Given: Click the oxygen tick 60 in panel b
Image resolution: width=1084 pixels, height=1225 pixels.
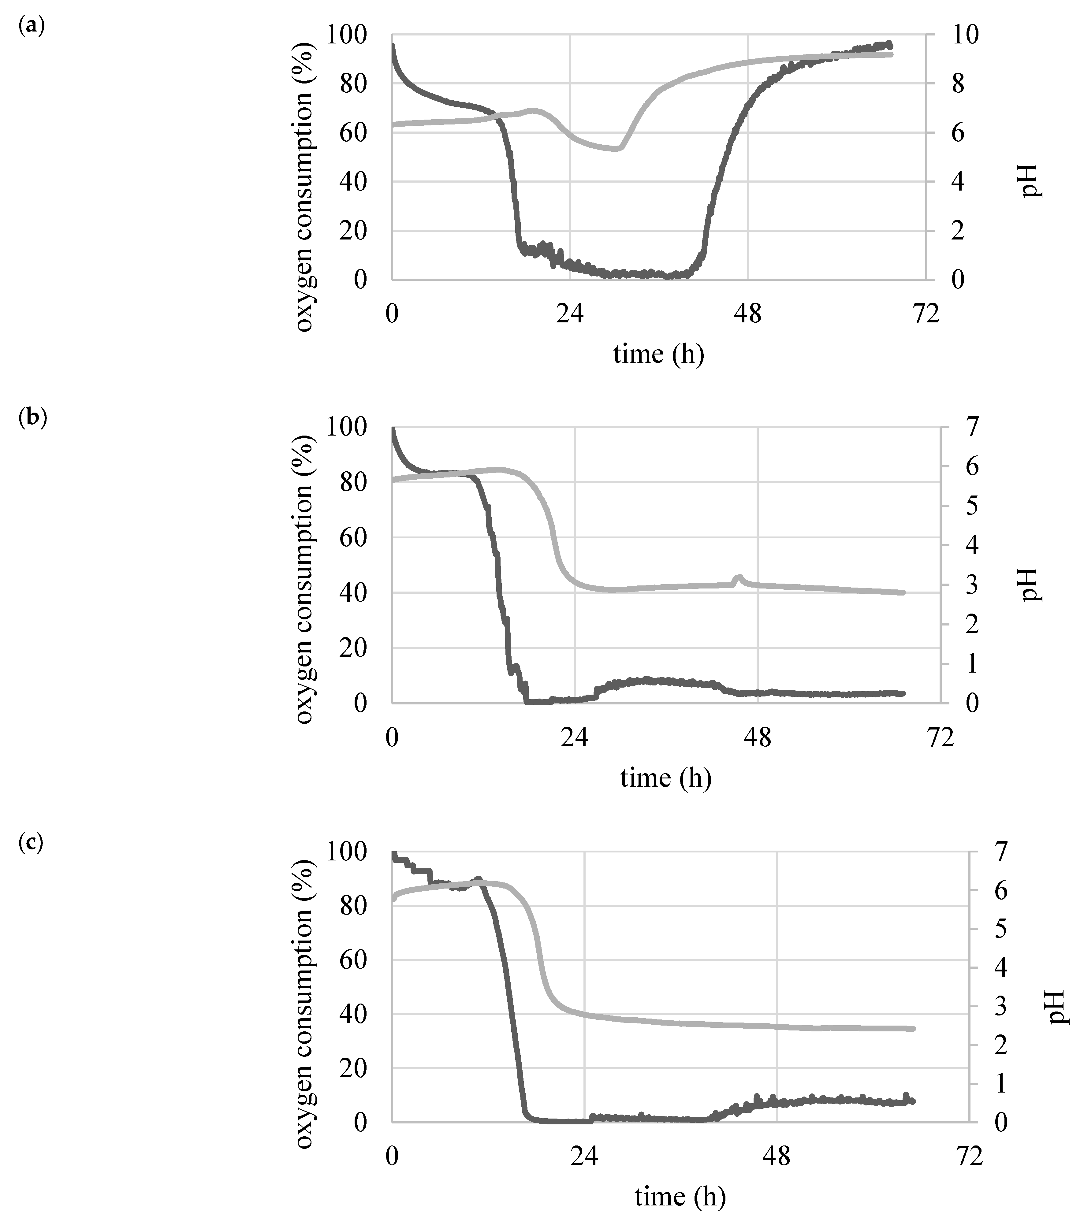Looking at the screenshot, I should [x=354, y=538].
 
